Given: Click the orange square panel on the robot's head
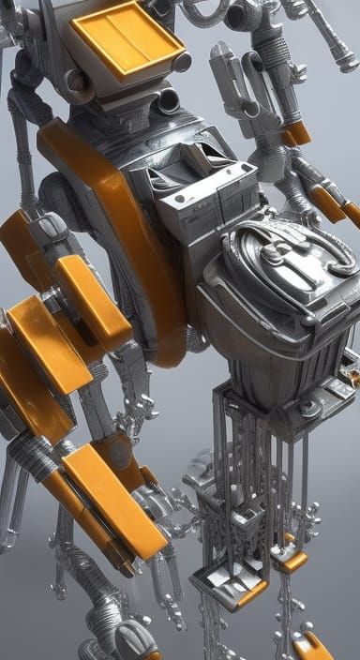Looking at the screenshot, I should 127,39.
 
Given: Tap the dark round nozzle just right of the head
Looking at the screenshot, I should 170,99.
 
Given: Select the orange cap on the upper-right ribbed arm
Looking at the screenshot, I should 296,133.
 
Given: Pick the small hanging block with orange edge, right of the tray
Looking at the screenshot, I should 290,560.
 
